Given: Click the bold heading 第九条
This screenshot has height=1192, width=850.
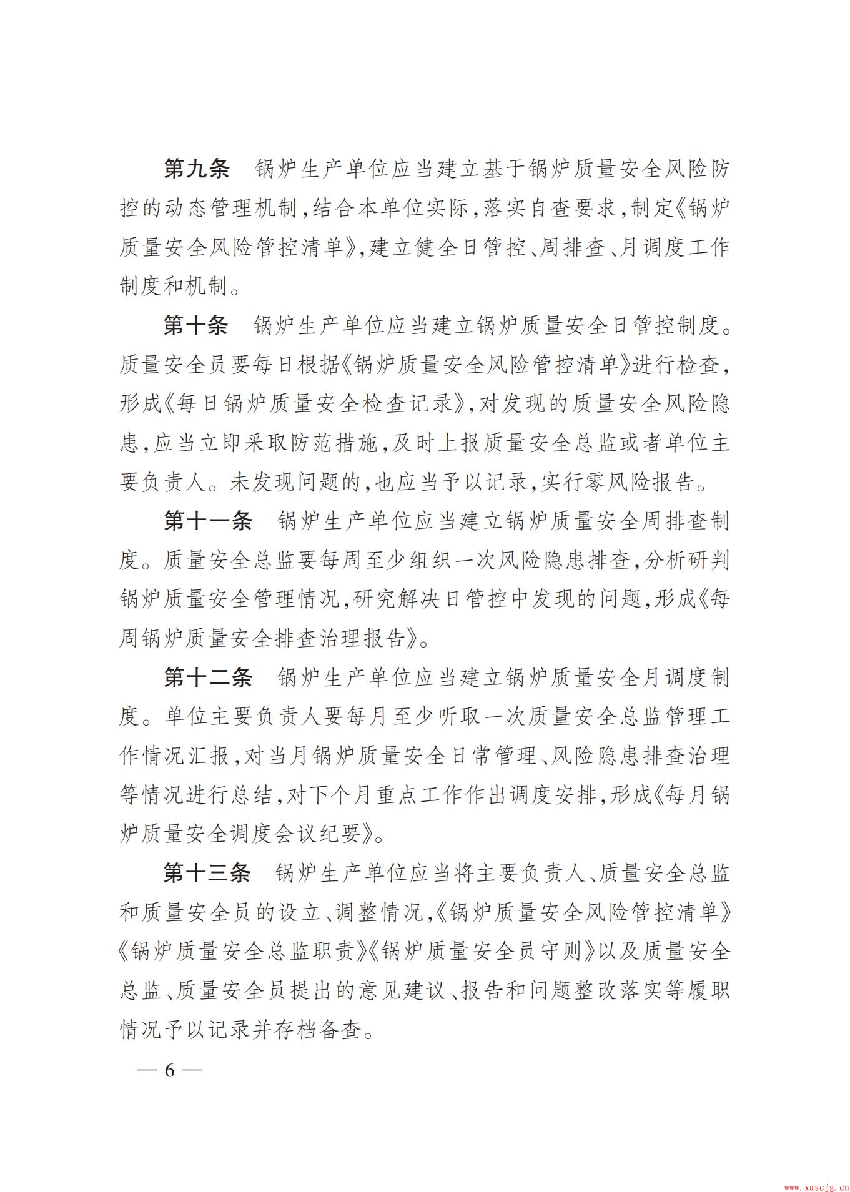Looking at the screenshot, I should [197, 169].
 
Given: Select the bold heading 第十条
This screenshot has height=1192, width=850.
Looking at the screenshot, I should [197, 325].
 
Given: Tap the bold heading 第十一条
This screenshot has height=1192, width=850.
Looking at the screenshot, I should [208, 521].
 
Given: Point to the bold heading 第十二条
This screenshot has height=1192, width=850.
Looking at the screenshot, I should [208, 677].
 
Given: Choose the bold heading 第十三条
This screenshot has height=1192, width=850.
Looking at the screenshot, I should [208, 874].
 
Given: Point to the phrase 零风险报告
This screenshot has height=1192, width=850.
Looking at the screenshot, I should [637, 483].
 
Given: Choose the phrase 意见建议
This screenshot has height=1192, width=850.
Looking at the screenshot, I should [388, 992].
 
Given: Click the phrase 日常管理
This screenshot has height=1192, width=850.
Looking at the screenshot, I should [492, 756].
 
